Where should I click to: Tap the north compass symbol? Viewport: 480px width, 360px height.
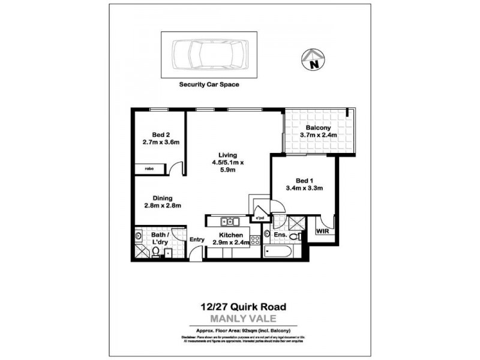[313, 58]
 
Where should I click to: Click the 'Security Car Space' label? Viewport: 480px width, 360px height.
[209, 85]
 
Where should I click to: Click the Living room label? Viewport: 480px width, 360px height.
[227, 155]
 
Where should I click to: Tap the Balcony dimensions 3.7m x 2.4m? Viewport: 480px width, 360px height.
[319, 135]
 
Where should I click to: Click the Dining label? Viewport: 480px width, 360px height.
[162, 198]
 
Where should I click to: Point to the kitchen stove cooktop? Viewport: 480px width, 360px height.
[255, 241]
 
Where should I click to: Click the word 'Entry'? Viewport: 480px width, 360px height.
[197, 240]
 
